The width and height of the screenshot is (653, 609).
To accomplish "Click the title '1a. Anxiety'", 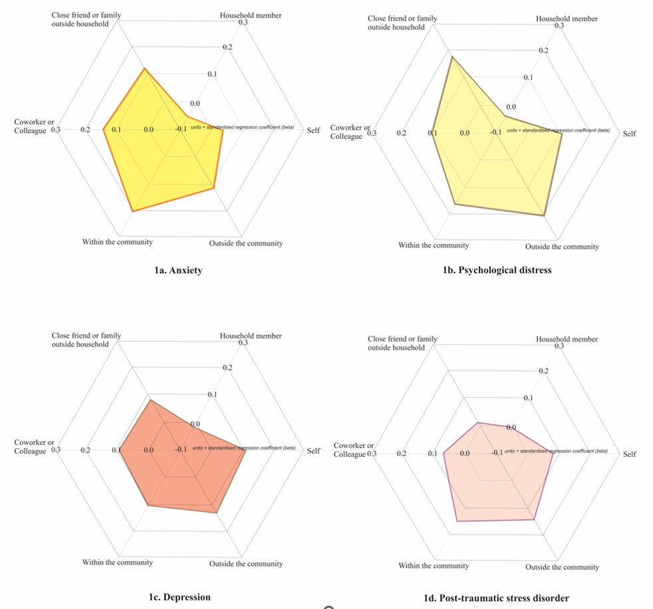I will [178, 271].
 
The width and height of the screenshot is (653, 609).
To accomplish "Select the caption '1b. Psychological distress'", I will [497, 271].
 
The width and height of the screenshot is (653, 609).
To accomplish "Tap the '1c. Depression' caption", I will [180, 597].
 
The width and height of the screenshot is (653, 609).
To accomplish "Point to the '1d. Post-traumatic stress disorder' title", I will [496, 598].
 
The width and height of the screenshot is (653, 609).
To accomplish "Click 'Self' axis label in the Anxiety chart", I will [313, 130].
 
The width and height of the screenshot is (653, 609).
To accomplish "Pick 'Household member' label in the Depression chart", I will [251, 336].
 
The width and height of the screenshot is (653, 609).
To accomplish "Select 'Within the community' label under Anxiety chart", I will [117, 242].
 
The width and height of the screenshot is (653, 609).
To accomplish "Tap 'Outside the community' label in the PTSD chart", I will [562, 567].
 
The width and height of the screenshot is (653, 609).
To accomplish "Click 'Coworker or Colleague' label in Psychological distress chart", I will [350, 132].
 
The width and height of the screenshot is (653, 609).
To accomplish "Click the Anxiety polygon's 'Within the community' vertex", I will [133, 211].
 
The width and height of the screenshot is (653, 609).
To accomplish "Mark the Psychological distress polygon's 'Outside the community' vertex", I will [545, 216].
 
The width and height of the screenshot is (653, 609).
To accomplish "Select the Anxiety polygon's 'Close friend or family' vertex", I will [144, 68].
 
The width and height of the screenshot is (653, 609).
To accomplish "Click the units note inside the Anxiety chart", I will [242, 127].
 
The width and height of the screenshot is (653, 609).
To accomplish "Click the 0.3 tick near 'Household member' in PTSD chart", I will [559, 346].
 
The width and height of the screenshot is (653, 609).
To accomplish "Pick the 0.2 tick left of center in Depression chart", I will [85, 450].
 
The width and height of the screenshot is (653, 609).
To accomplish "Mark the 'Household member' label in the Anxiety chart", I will [251, 15].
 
